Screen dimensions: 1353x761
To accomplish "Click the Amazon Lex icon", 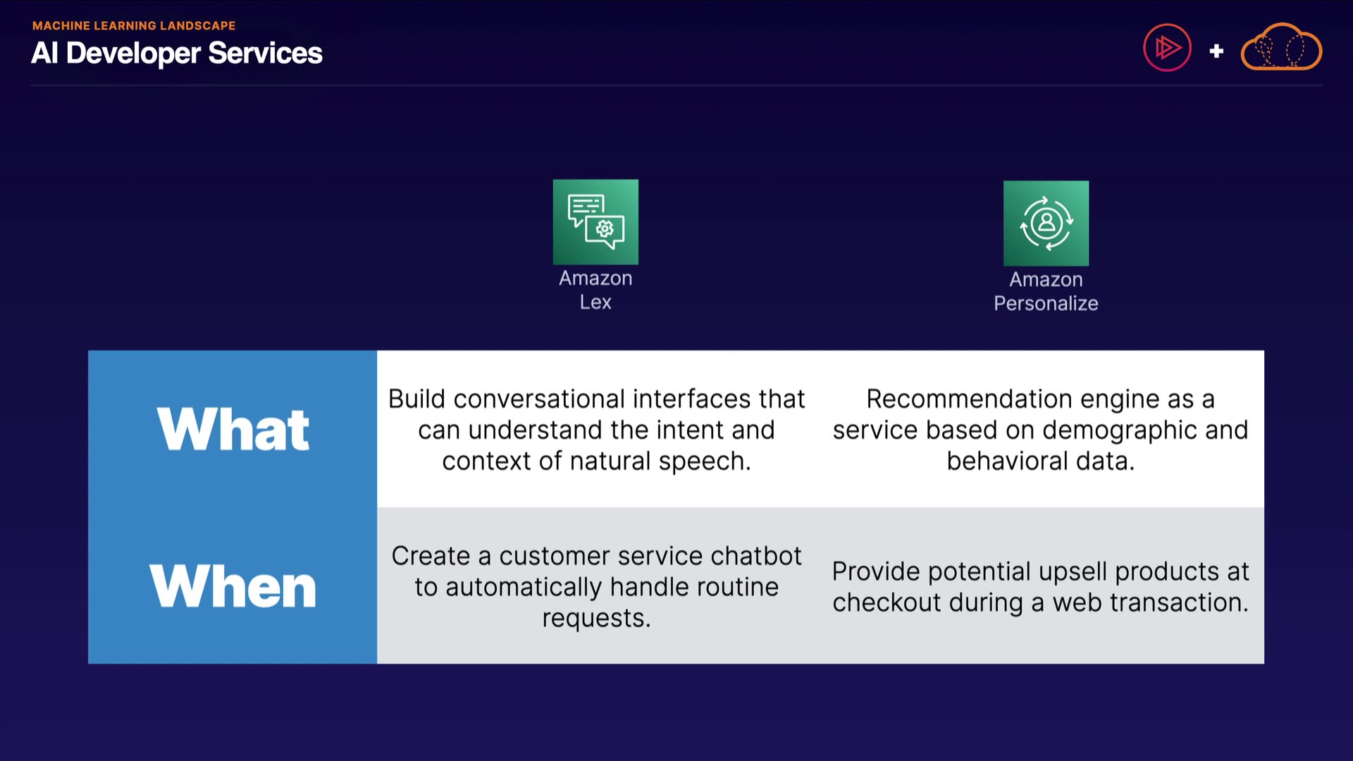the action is click(595, 222).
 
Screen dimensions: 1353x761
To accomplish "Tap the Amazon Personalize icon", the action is click(1046, 223).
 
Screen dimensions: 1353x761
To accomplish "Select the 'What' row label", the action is click(233, 429).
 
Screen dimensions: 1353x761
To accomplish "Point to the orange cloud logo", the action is click(1281, 48).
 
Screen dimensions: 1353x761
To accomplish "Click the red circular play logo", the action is click(1167, 48).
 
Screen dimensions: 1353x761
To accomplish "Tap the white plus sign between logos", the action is click(1216, 51).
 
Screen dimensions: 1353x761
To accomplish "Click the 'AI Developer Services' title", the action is click(177, 53).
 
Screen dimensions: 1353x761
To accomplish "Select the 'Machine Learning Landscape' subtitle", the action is click(134, 25).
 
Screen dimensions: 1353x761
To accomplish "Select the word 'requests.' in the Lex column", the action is click(596, 619).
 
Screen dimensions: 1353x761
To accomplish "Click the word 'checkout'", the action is click(886, 602).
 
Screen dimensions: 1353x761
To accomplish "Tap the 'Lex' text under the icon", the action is click(595, 302).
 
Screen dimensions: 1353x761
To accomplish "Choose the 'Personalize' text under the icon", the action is click(1046, 304).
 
